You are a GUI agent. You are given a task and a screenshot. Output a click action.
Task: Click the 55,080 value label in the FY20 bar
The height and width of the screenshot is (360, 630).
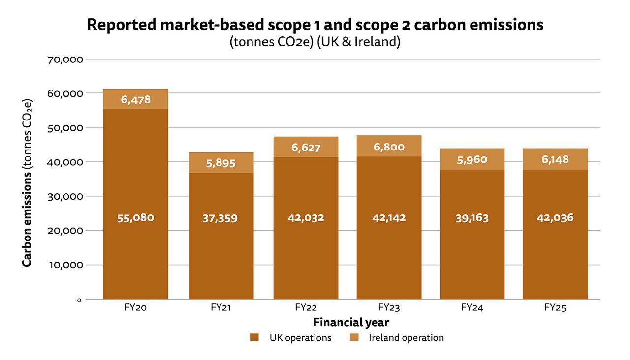(135, 218)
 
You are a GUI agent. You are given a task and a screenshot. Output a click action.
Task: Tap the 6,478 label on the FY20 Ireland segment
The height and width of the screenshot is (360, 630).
(135, 100)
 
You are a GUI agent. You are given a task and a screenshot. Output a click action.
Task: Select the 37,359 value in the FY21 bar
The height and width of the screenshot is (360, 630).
(220, 218)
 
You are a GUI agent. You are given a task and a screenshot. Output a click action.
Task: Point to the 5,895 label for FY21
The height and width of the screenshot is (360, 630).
(220, 163)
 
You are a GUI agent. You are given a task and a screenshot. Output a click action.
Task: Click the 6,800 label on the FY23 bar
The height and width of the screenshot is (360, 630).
(389, 147)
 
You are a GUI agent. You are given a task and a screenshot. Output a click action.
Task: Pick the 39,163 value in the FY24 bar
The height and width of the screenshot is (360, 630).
(472, 218)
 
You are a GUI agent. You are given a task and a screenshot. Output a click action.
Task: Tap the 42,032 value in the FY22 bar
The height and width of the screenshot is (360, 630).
(306, 218)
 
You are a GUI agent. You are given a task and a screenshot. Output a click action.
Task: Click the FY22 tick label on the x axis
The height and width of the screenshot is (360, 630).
(306, 308)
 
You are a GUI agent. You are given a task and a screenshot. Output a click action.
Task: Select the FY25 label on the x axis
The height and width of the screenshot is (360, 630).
(555, 308)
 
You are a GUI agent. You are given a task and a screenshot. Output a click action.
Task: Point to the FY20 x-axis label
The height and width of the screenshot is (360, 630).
(135, 308)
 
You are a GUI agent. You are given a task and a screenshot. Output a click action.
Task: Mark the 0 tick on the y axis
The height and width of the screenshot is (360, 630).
(79, 300)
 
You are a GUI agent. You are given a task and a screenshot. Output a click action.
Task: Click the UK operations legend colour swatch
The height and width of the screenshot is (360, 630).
(254, 337)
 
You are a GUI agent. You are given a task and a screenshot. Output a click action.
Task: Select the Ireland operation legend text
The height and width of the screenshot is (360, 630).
(406, 337)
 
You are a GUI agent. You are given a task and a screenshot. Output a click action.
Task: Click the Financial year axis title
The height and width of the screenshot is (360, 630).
(351, 323)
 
